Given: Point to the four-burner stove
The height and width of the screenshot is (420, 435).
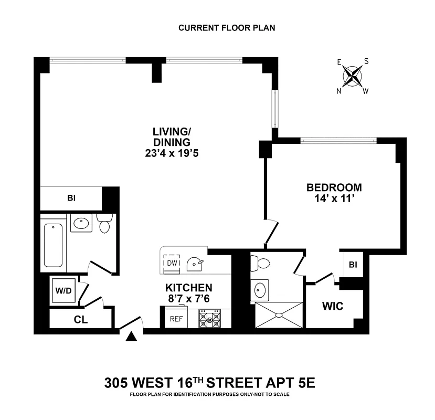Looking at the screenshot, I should (209, 319).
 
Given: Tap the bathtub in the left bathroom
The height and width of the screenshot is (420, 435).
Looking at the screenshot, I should (54, 245).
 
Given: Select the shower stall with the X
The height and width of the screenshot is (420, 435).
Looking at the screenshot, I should (279, 315).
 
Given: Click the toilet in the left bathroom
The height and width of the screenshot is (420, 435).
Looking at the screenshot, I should (104, 223).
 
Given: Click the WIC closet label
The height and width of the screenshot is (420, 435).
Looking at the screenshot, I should (333, 306).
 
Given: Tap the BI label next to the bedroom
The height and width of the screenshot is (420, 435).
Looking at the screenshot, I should (353, 265).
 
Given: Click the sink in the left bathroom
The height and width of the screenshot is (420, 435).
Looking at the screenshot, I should (81, 223).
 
